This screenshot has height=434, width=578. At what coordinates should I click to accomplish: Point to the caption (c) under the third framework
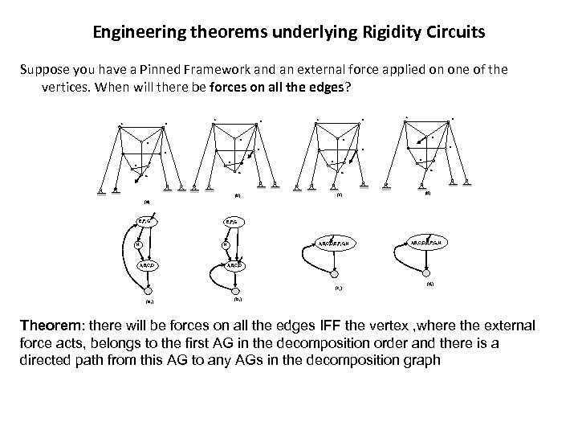pos(339,194)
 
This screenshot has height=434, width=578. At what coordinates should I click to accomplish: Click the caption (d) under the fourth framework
pos(427,192)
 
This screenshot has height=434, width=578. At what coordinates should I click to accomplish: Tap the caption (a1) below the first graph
pos(149,302)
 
